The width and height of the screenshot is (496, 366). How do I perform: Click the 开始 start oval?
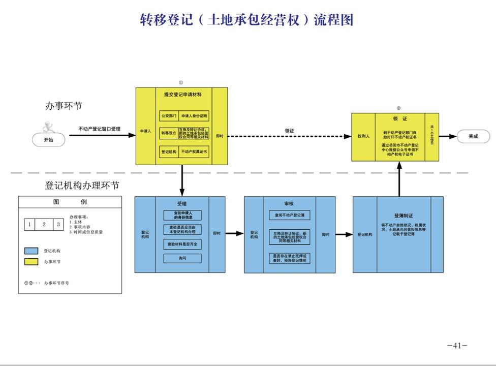48,139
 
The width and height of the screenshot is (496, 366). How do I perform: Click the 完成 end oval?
473,136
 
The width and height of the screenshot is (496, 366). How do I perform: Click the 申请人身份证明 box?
195,116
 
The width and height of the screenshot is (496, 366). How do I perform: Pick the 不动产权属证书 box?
195,151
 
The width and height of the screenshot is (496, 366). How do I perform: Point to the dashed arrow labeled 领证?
290,136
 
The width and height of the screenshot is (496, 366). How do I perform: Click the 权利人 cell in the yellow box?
363,136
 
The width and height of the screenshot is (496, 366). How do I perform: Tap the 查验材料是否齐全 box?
182,245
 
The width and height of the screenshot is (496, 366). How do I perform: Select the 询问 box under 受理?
182,258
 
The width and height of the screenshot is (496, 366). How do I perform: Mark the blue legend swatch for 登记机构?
32,251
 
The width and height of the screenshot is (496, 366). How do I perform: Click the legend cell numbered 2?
44,224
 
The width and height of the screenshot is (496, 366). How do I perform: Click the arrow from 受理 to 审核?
234,234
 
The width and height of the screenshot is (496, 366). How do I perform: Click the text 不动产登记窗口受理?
99,129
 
